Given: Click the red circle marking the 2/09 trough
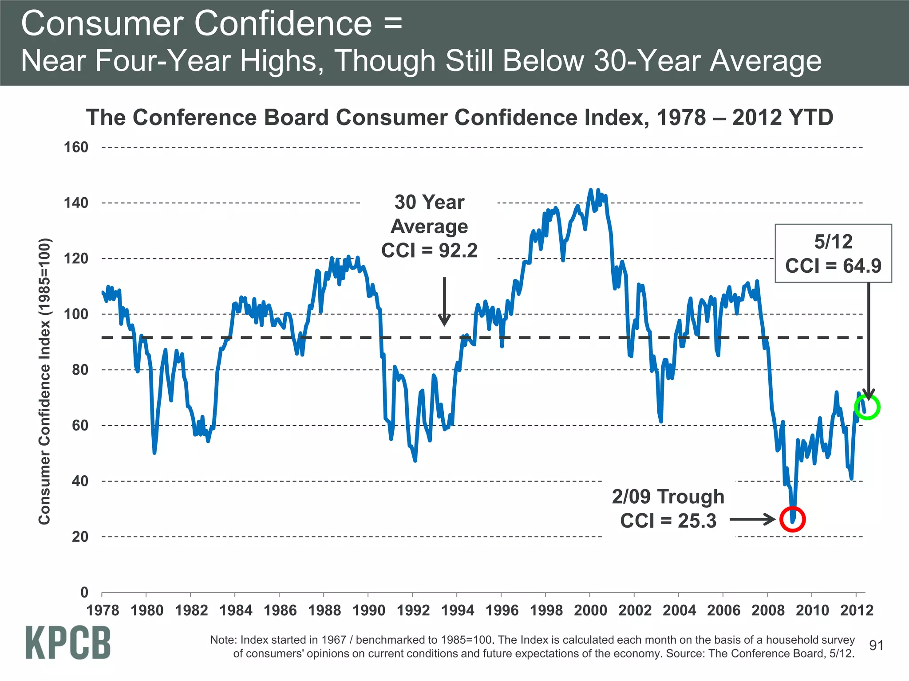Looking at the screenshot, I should [x=792, y=519].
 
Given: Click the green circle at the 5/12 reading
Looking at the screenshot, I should [x=867, y=407].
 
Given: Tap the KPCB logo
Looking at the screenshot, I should [x=68, y=642].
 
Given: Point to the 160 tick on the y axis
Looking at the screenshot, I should [x=76, y=147].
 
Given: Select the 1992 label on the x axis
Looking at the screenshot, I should [x=413, y=611].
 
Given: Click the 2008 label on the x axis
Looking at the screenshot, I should [x=768, y=611].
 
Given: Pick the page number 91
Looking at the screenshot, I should [x=876, y=646].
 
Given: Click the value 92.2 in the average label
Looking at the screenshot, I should [x=458, y=250].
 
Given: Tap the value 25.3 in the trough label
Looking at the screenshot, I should [x=697, y=521].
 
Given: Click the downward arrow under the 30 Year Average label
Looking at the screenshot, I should [x=444, y=301].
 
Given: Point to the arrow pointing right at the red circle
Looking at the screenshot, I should [x=752, y=519].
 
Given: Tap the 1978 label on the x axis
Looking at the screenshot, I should [x=103, y=611].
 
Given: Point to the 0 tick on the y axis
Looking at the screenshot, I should [x=84, y=592].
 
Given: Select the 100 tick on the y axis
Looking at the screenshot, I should [x=76, y=314].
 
